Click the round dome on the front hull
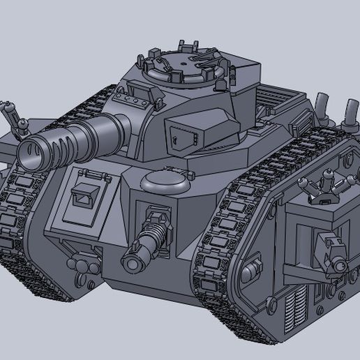[x=165, y=181]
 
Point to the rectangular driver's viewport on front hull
[x=87, y=197]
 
